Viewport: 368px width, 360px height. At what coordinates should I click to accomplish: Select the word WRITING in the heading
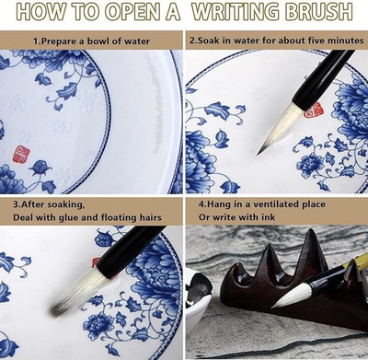[x=236, y=12]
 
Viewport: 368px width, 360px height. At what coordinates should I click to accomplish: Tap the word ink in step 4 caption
[x=269, y=217]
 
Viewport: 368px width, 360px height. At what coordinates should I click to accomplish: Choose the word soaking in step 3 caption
[x=65, y=204]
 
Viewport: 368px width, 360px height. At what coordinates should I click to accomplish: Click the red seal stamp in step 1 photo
[x=21, y=154]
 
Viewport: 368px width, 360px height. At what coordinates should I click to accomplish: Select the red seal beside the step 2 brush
[x=314, y=110]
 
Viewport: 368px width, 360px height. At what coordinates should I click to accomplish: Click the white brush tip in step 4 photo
[x=290, y=296]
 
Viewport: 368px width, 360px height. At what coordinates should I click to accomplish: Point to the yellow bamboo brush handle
[x=356, y=265]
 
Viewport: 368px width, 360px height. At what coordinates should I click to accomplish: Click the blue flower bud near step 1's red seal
[x=39, y=168]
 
